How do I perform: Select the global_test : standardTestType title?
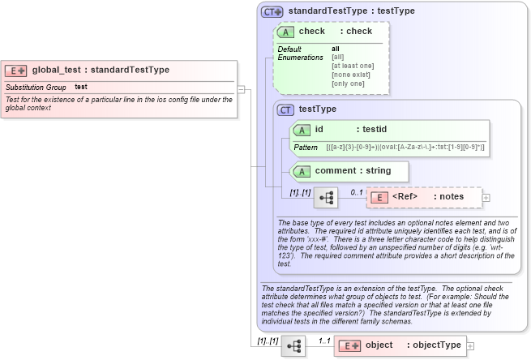101,71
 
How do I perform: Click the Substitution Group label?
36,87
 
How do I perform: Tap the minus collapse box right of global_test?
242,89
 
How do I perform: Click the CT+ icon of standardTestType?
272,12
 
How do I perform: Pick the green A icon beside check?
285,32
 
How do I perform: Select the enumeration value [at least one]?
353,66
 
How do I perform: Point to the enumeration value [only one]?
348,84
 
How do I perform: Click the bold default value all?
336,49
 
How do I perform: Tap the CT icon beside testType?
285,109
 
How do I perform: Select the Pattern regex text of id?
405,148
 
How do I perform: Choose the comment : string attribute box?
349,171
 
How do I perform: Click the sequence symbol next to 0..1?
325,197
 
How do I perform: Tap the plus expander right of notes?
486,197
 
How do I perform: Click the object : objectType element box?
400,345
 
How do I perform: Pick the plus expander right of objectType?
471,345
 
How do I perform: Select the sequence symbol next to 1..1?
293,345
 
